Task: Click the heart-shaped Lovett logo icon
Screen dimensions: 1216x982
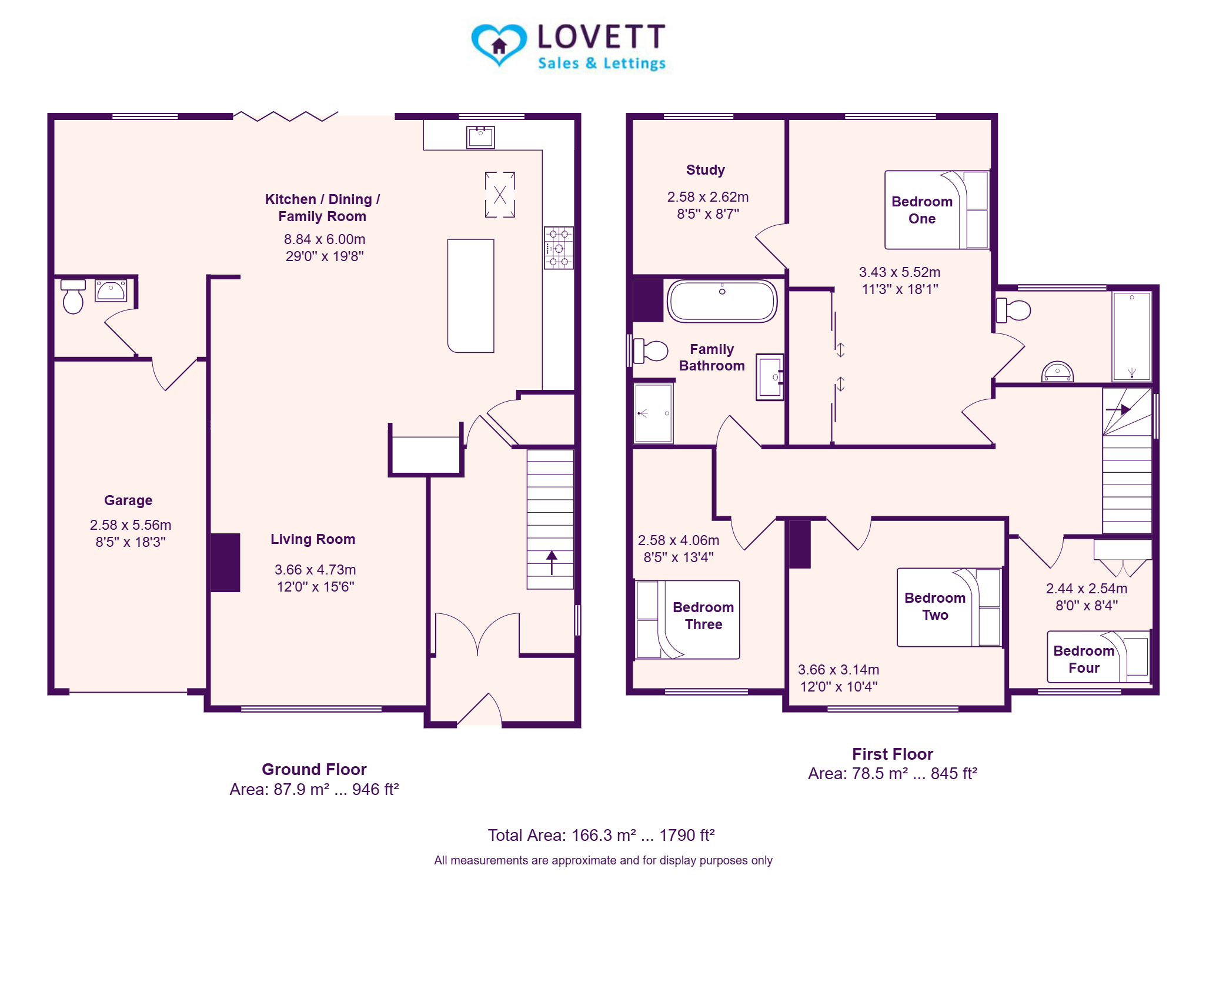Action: point(499,45)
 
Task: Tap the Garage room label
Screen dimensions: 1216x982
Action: point(128,500)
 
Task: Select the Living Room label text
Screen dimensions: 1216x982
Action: point(313,539)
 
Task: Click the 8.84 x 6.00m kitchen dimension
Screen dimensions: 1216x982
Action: point(325,239)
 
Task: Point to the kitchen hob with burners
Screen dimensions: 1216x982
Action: point(558,248)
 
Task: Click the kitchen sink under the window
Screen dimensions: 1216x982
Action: point(480,137)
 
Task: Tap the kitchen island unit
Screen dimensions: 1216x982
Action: point(470,296)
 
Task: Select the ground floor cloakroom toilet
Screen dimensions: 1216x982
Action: point(73,296)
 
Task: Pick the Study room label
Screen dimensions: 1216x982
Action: point(706,170)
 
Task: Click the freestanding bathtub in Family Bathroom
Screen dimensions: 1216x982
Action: point(722,301)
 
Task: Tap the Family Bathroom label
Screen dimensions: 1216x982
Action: point(711,358)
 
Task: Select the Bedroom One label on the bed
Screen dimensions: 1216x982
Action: point(922,210)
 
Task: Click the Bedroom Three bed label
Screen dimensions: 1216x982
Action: point(703,616)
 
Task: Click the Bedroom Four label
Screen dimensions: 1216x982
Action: point(1084,659)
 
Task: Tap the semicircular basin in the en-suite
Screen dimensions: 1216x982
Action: point(1057,372)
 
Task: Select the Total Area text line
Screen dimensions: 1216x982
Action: point(601,835)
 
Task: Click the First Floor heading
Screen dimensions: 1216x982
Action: point(892,754)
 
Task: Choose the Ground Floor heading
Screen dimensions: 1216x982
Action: point(314,769)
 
